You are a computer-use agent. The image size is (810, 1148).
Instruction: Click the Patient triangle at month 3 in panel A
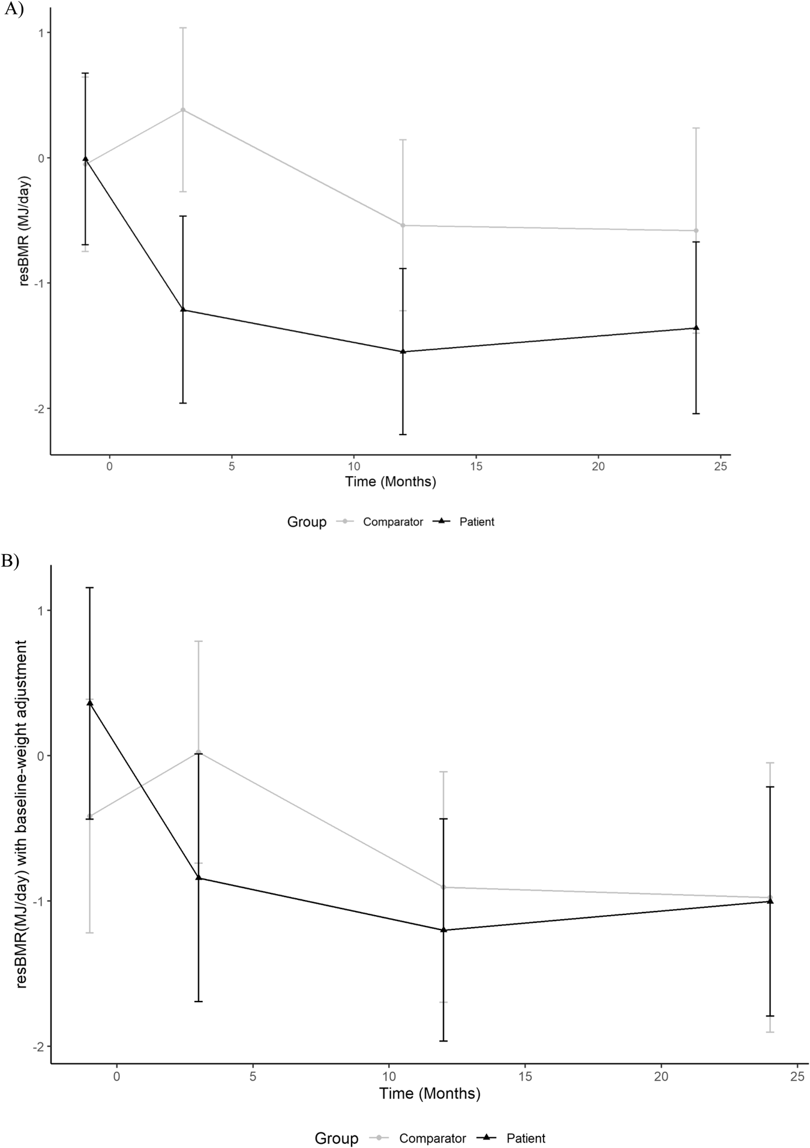click(183, 310)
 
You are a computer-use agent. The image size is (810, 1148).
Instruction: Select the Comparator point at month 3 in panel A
click(183, 110)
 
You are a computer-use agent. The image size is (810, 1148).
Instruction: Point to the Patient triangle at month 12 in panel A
click(403, 351)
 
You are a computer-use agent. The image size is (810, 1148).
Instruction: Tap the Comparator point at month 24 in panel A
click(696, 231)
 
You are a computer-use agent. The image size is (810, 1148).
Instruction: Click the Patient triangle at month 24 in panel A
click(696, 328)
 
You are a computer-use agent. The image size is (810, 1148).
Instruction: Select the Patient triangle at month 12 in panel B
click(443, 929)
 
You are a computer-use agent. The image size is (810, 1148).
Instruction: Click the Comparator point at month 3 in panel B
click(199, 752)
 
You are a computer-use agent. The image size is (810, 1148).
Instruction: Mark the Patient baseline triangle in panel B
click(90, 702)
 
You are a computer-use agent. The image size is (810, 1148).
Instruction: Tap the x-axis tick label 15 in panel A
click(476, 467)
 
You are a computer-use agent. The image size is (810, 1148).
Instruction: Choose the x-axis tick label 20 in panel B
click(661, 1077)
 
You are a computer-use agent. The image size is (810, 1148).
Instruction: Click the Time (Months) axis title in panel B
click(430, 1093)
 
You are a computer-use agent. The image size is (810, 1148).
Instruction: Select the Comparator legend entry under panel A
click(392, 522)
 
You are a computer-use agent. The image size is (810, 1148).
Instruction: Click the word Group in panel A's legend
click(307, 522)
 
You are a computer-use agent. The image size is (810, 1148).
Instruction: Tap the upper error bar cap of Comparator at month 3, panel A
click(183, 28)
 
